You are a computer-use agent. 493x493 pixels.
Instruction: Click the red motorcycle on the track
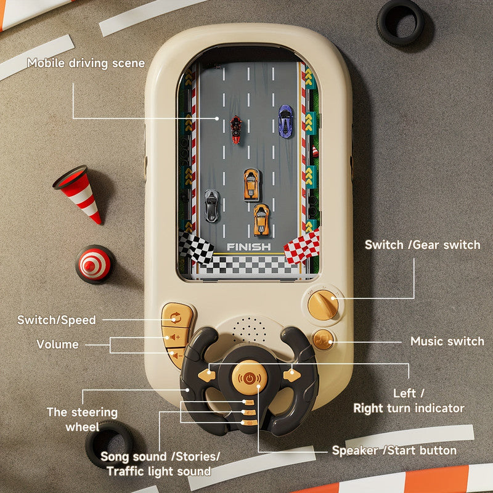click(235, 129)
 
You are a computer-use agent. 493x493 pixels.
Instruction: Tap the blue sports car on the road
click(285, 121)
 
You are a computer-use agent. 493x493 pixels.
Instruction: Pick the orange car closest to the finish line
click(261, 219)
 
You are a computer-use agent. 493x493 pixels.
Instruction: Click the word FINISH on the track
click(248, 247)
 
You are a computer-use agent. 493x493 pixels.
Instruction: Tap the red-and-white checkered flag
click(302, 246)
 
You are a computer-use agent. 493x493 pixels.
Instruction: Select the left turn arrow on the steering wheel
click(211, 372)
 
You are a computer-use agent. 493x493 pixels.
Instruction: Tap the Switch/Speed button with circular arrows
click(176, 318)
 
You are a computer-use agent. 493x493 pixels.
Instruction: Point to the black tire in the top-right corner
click(401, 23)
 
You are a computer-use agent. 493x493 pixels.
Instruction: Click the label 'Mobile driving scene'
click(86, 63)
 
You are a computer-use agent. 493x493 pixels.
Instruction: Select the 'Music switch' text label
click(447, 341)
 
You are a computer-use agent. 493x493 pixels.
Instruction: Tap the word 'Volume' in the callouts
click(58, 344)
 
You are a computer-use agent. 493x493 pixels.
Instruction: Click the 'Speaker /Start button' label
click(394, 450)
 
